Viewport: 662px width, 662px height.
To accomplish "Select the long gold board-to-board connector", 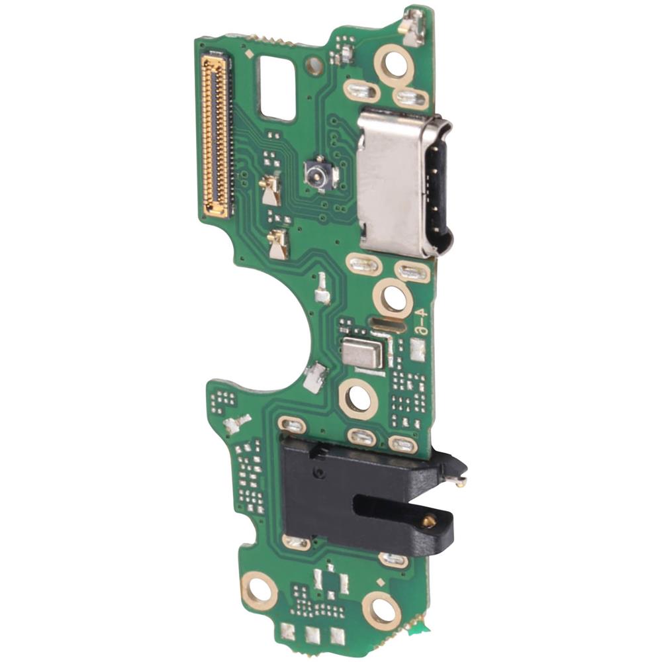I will click(216, 136).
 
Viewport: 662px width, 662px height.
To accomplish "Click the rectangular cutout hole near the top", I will click(277, 87).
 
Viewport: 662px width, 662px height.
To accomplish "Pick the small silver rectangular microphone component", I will click(362, 354).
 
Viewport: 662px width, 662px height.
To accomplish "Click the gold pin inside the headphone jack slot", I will click(428, 520).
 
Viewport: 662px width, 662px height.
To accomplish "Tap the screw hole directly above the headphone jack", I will click(358, 399).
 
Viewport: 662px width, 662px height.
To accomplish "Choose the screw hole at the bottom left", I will click(259, 590).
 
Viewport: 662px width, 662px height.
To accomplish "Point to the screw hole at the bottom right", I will click(382, 609).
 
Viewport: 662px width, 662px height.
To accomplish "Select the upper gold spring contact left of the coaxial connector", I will click(271, 191).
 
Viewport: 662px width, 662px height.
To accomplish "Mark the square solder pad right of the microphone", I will click(417, 350).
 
